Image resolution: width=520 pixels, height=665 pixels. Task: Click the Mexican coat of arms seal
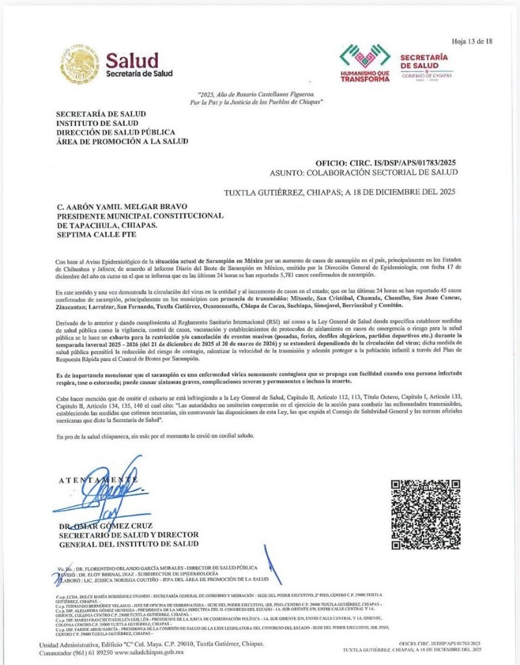pyautogui.click(x=80, y=64)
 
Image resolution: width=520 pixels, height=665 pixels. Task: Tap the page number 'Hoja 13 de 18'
pyautogui.click(x=472, y=41)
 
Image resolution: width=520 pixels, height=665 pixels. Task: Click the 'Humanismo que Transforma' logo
pyautogui.click(x=365, y=64)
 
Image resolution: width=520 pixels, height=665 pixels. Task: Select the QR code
pyautogui.click(x=425, y=515)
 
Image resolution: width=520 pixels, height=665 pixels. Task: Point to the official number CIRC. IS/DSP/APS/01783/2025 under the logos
pyautogui.click(x=386, y=162)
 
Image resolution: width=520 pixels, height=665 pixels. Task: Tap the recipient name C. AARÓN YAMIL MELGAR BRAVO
pyautogui.click(x=127, y=206)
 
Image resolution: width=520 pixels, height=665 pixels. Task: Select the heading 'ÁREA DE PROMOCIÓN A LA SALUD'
pyautogui.click(x=122, y=141)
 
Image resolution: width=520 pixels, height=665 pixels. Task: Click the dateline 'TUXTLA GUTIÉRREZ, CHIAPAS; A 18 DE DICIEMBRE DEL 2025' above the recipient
pyautogui.click(x=340, y=192)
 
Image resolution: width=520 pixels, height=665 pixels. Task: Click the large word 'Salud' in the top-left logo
pyautogui.click(x=132, y=61)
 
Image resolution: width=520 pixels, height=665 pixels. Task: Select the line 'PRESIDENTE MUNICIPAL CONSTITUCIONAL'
pyautogui.click(x=140, y=216)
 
